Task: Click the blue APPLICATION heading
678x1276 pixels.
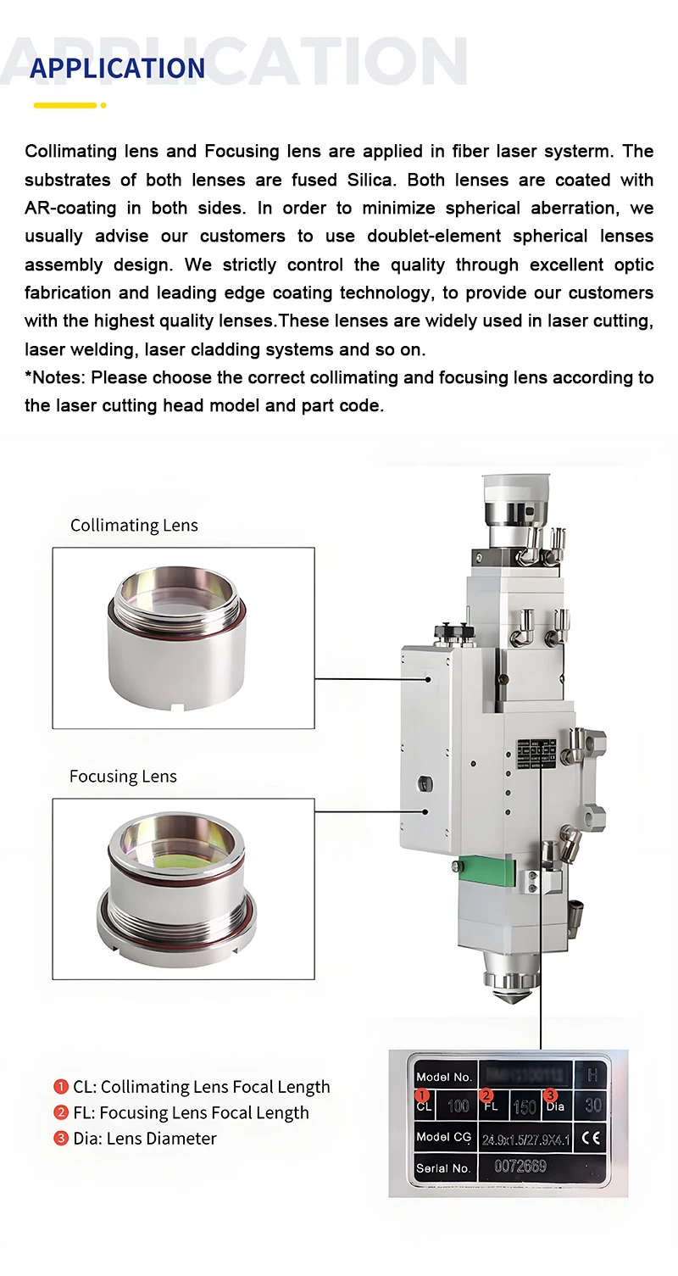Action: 117,69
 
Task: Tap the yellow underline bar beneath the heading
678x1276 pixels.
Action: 65,105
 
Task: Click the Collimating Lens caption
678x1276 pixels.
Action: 134,526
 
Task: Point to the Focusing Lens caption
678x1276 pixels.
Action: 123,777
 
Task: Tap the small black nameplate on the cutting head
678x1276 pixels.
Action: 536,752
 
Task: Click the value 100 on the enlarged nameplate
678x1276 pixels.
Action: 458,1106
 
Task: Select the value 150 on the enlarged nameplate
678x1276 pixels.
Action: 525,1106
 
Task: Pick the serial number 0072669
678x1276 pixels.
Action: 521,1167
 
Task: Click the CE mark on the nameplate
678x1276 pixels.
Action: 591,1138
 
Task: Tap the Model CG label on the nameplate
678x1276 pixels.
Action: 443,1137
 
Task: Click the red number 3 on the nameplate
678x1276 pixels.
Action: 550,1095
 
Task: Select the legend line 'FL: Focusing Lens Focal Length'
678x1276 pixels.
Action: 191,1112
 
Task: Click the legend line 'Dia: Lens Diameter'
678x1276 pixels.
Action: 145,1139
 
